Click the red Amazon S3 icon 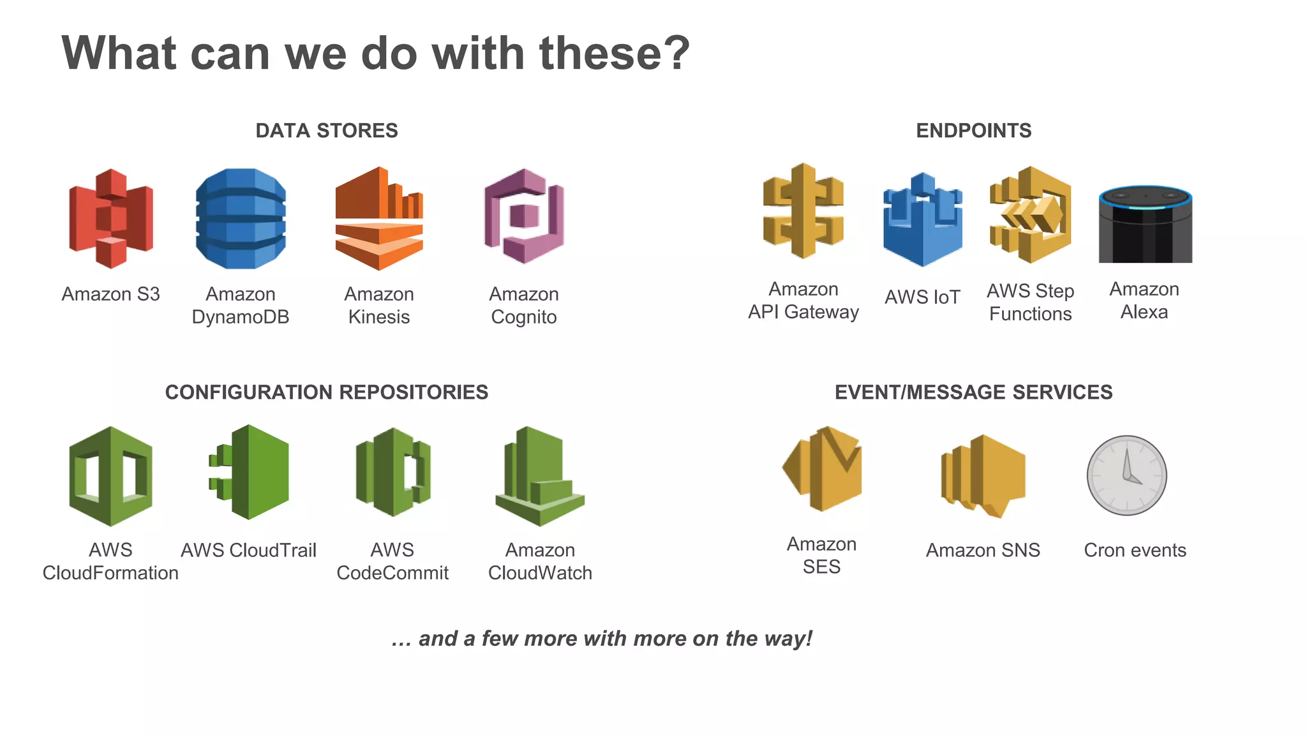111,218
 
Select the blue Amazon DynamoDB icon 241,218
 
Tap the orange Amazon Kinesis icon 379,218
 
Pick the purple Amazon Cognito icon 524,217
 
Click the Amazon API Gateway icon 803,211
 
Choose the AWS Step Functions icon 1030,215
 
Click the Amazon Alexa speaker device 1145,224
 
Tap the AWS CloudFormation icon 110,476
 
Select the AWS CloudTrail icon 250,472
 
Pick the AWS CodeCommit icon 392,472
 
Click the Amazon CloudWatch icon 540,476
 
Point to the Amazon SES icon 822,469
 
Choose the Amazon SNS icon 983,476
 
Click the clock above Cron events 1126,475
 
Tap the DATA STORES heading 327,131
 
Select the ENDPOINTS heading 973,131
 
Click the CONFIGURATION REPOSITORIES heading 327,392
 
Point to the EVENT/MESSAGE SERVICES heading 973,392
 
